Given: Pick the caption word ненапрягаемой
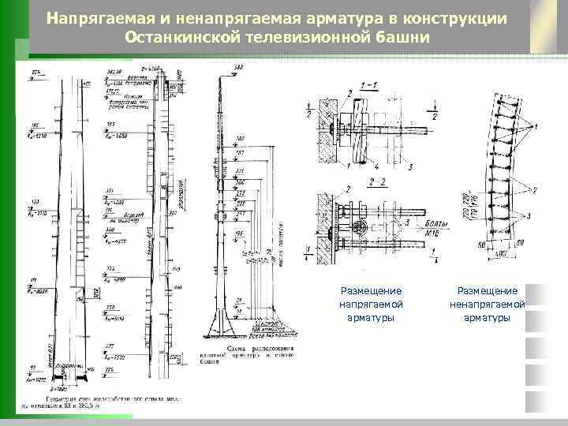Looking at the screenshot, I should click(x=488, y=304).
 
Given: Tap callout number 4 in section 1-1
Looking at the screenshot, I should click(x=376, y=166).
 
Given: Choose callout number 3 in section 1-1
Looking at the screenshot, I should click(x=409, y=166).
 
